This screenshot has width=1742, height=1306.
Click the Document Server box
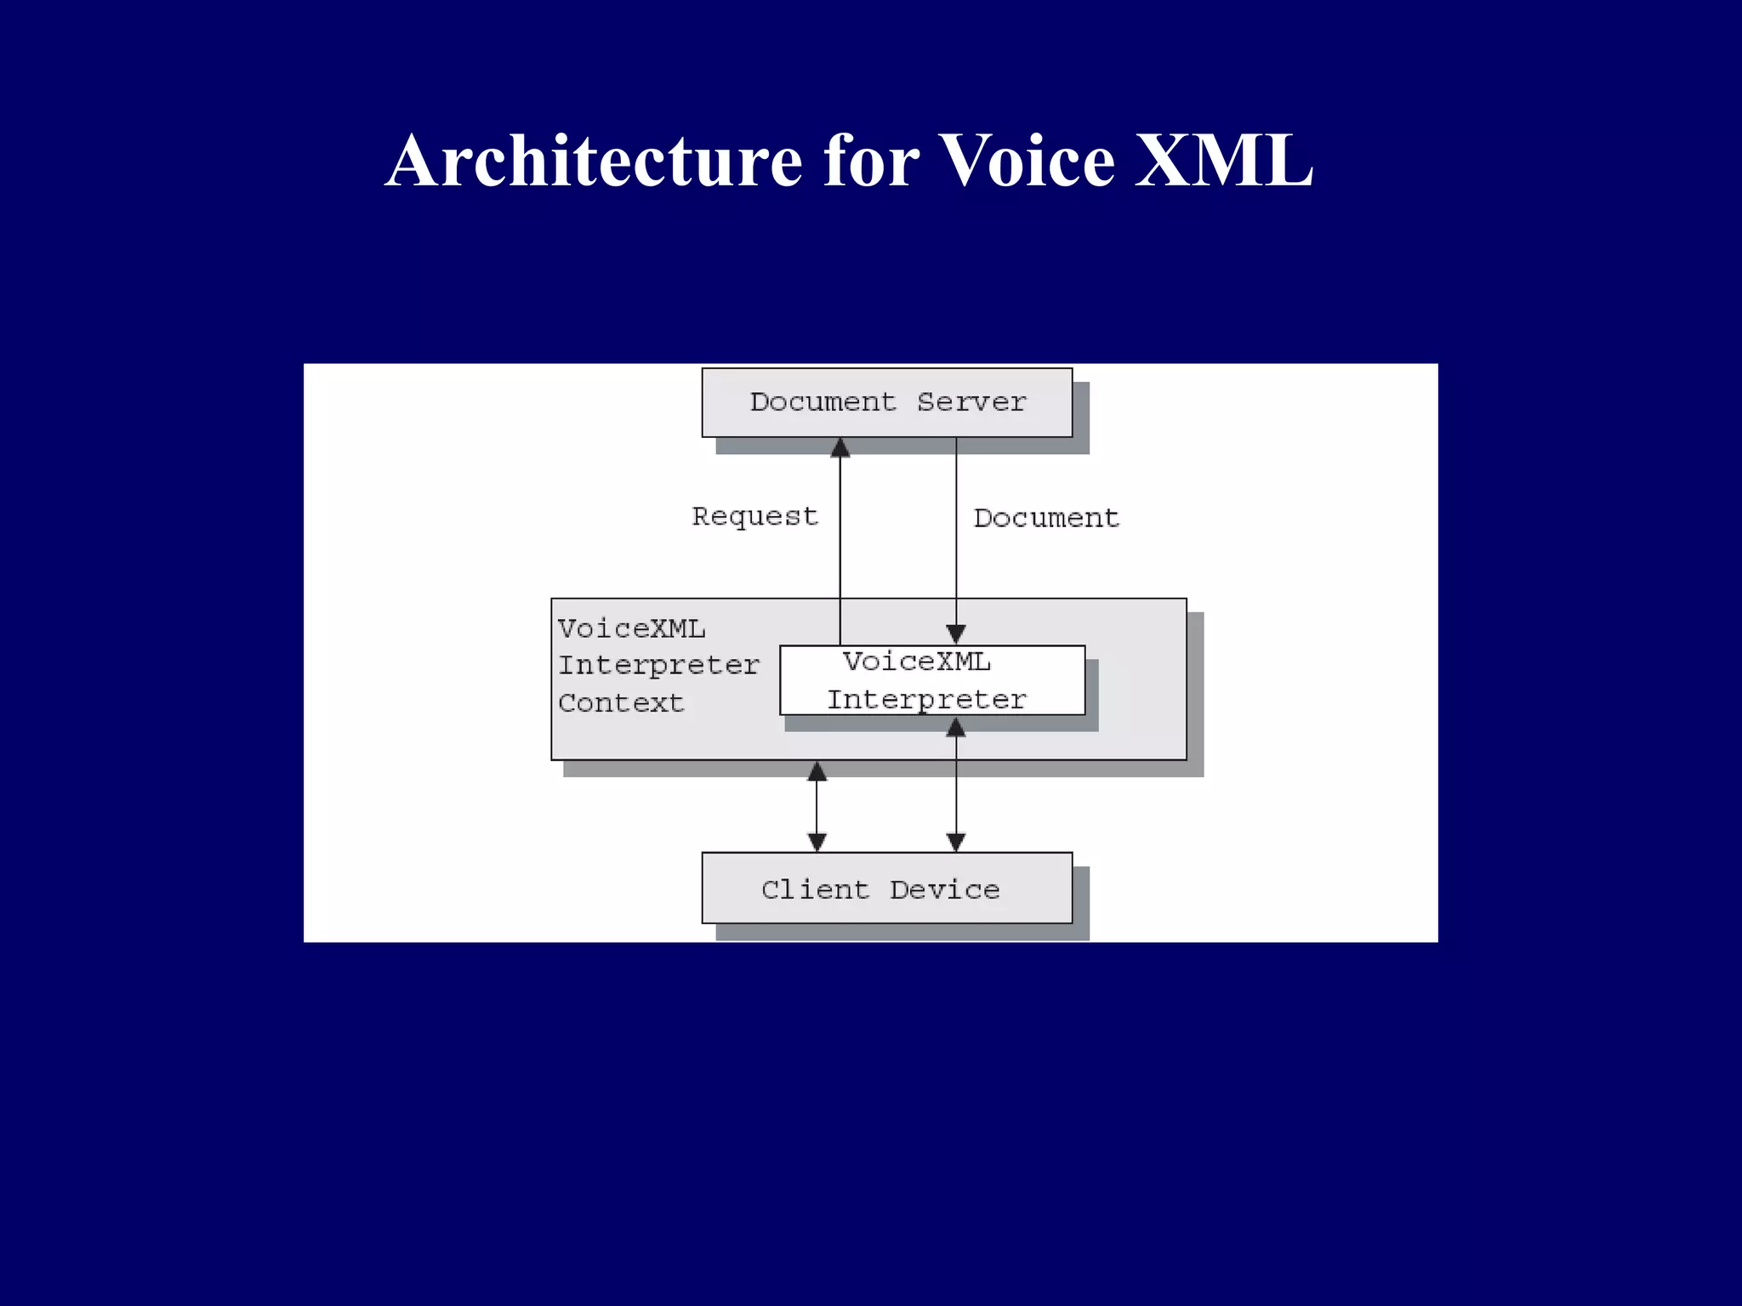[x=886, y=402]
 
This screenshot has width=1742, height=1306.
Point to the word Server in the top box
[x=971, y=402]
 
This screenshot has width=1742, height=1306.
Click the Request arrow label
[x=754, y=516]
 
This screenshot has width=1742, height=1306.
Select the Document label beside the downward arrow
[x=1046, y=518]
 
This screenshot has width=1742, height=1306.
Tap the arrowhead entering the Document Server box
[x=840, y=447]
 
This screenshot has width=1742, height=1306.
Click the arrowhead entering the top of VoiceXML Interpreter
[x=956, y=634]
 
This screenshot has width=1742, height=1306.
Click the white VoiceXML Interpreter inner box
[x=931, y=680]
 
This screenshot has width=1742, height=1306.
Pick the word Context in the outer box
[x=621, y=703]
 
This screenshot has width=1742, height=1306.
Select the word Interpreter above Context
[x=658, y=665]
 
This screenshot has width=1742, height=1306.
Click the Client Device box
[x=886, y=889]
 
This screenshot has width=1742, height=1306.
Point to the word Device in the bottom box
[x=944, y=889]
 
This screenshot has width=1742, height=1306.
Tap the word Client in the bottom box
[x=815, y=889]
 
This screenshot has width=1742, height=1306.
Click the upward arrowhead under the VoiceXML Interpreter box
[x=956, y=728]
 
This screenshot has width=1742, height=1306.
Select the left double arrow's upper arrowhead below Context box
[x=817, y=771]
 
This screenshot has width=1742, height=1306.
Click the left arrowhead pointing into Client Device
[x=817, y=842]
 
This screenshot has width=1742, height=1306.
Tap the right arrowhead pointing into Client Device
[x=956, y=842]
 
